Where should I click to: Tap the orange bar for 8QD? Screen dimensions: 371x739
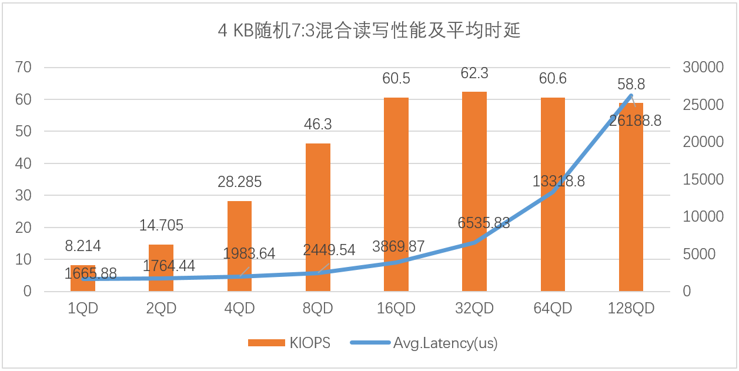(x=318, y=218)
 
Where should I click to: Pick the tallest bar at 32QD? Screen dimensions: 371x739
(x=474, y=191)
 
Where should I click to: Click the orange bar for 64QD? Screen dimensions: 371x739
(x=553, y=194)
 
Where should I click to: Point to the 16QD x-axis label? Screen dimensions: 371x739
(x=396, y=308)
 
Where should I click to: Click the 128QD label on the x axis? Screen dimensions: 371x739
(x=631, y=308)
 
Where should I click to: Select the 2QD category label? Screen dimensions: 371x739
(x=161, y=308)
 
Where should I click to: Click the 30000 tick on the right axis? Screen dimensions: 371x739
(x=703, y=68)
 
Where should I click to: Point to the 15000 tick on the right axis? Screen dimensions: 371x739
(x=703, y=180)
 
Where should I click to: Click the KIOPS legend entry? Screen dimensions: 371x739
(x=289, y=343)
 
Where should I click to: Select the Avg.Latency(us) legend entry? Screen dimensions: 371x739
(x=423, y=343)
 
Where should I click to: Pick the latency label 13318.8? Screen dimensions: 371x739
(x=559, y=181)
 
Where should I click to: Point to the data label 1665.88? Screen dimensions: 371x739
(x=91, y=273)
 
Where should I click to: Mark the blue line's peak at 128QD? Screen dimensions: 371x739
(x=631, y=95)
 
